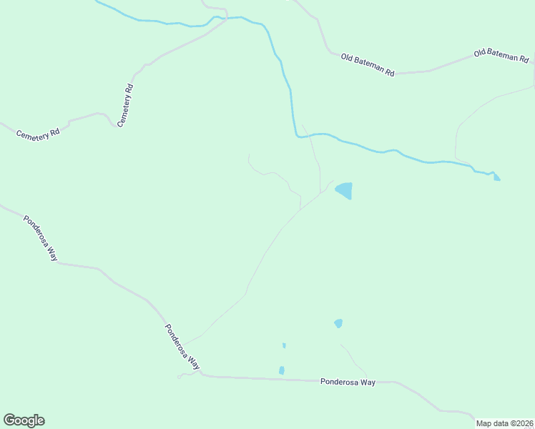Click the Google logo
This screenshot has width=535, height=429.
click(x=24, y=420)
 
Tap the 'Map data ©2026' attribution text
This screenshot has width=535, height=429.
click(x=504, y=423)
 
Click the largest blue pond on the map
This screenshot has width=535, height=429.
click(x=344, y=190)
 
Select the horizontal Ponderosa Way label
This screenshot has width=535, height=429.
click(x=348, y=383)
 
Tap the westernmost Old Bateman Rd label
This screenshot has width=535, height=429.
click(x=368, y=64)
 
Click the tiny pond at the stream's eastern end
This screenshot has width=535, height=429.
click(x=496, y=177)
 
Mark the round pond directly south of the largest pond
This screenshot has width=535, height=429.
click(x=338, y=323)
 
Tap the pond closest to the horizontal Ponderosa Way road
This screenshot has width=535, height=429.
click(x=282, y=370)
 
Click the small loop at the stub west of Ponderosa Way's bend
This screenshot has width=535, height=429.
click(x=180, y=376)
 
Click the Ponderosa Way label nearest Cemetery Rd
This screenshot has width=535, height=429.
click(x=40, y=238)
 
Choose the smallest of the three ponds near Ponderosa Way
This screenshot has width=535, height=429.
click(x=284, y=345)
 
